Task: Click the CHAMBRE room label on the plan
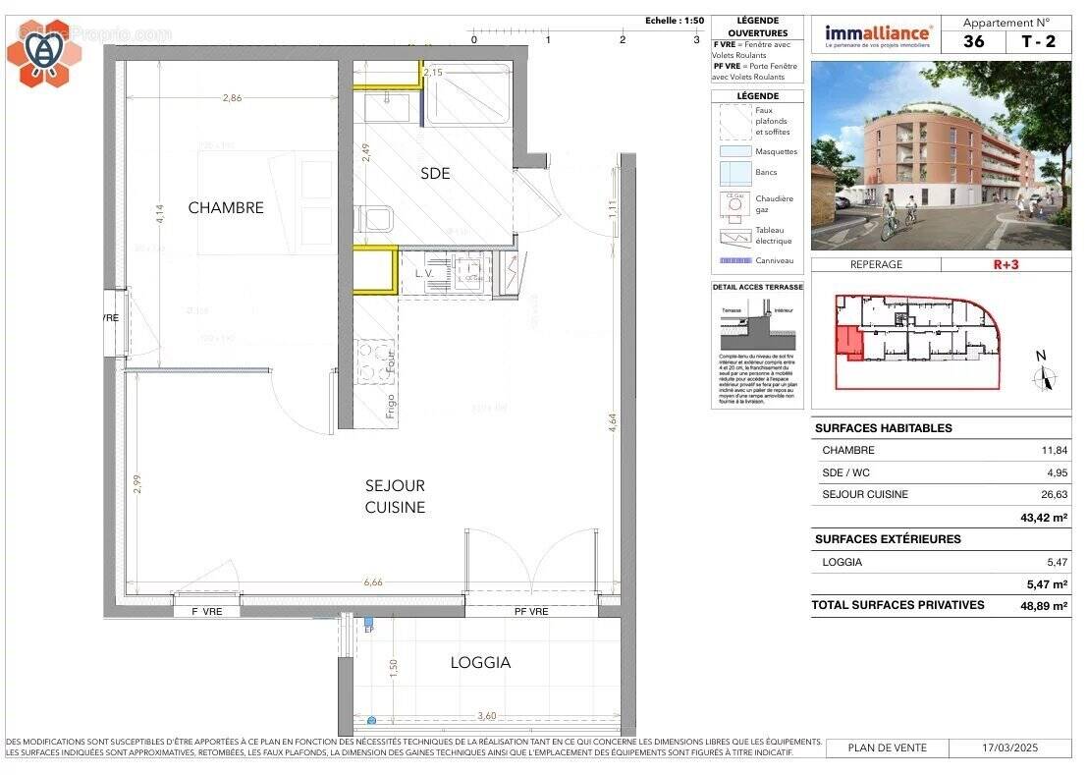[x=226, y=207]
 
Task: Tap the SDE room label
[x=435, y=173]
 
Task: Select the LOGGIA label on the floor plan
[x=480, y=662]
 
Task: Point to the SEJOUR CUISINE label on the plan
[x=395, y=496]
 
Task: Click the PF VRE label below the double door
[x=531, y=612]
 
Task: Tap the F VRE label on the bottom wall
[x=206, y=612]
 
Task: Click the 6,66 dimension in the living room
[x=372, y=582]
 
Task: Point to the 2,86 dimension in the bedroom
[x=232, y=98]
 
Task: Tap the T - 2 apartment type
[x=1039, y=41]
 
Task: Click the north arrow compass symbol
[x=1041, y=374]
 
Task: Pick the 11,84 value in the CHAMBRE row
[x=1054, y=450]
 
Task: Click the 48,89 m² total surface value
[x=1043, y=606]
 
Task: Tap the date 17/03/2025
[x=1010, y=748]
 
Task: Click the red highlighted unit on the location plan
[x=848, y=343]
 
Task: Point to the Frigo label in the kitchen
[x=391, y=405]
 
